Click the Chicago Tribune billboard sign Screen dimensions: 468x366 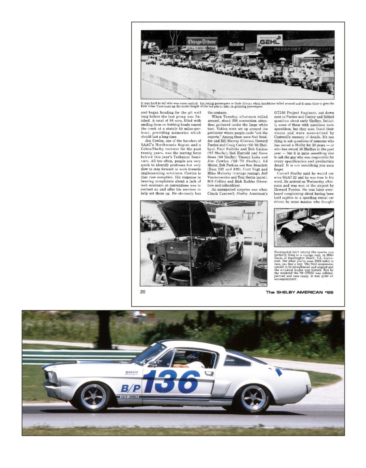(x=201, y=44)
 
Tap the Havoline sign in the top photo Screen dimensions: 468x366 (x=236, y=44)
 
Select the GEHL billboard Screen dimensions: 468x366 (x=270, y=41)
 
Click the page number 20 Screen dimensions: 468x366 (x=143, y=292)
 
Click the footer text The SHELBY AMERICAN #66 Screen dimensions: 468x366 (x=299, y=292)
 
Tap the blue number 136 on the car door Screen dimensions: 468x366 (x=171, y=381)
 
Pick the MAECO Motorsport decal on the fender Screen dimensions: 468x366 (x=131, y=373)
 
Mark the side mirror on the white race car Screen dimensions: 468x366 (x=154, y=363)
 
